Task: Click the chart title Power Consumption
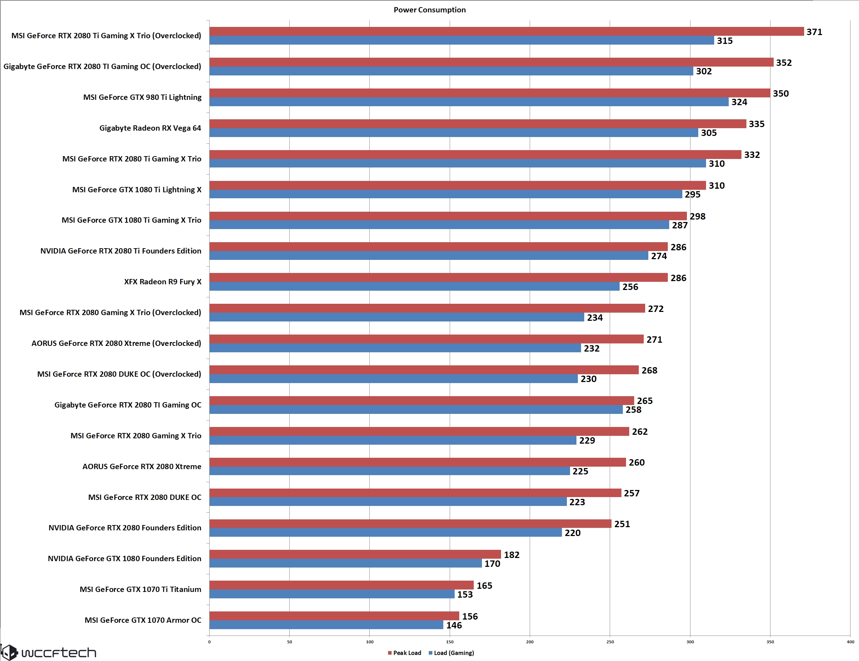429,10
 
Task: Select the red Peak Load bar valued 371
506,32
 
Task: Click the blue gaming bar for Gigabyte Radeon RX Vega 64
454,132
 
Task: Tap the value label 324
739,102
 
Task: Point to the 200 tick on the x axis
530,642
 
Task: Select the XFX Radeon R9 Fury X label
163,281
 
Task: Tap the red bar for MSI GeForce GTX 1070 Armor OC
334,616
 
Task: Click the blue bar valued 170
345,563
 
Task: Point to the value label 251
622,524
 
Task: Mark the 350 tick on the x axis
770,642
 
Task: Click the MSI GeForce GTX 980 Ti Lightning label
142,97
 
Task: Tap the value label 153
465,594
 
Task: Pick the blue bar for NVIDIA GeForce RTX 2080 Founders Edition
386,532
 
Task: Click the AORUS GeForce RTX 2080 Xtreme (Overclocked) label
116,343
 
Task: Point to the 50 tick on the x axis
290,642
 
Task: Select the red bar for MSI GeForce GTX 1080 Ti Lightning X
457,185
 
